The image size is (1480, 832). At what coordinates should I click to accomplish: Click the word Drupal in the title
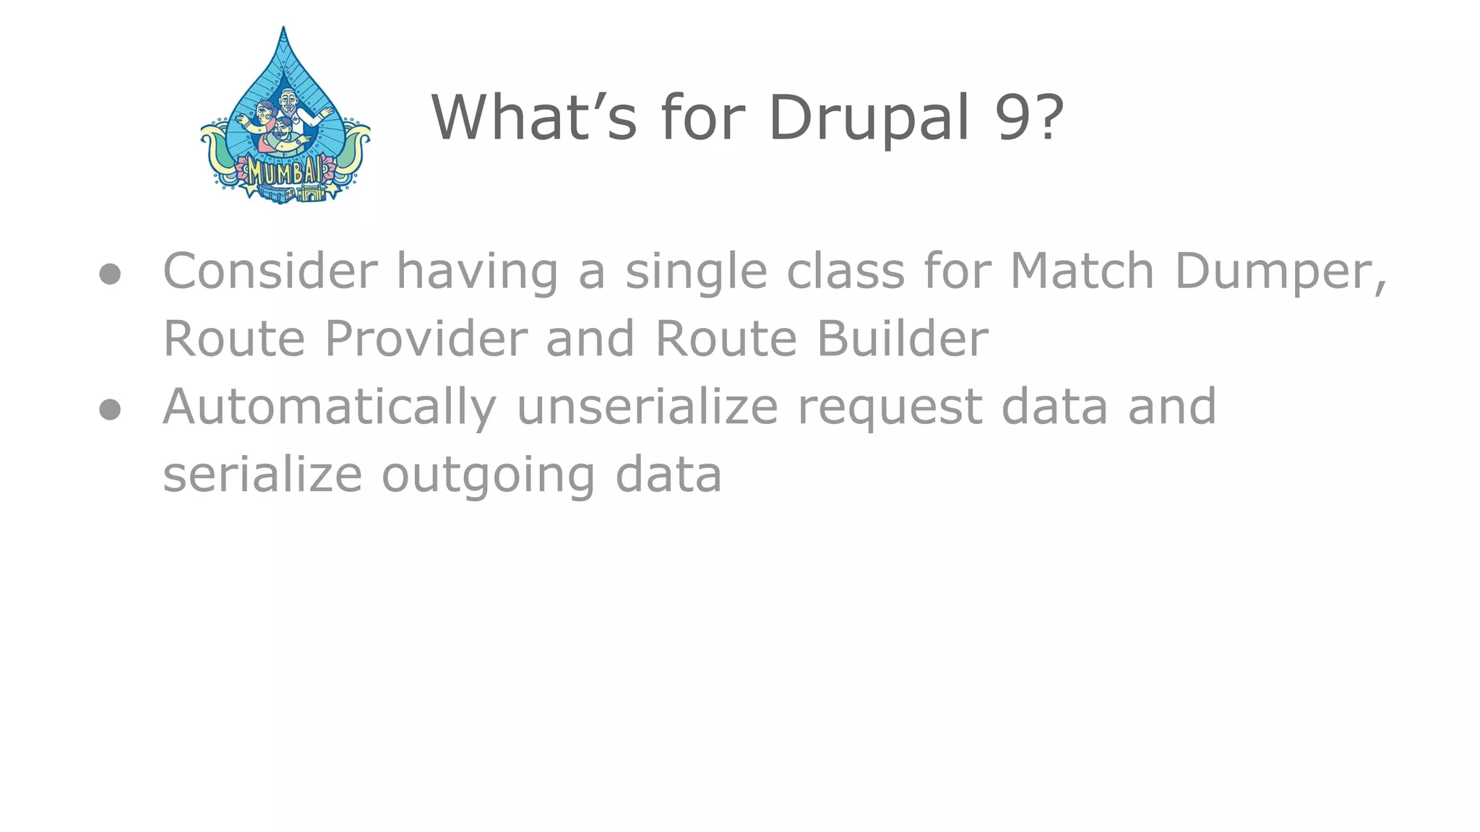point(867,117)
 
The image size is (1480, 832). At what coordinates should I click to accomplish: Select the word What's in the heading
point(533,117)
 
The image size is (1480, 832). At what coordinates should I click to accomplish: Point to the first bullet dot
point(110,274)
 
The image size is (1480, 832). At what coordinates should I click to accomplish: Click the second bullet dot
point(110,409)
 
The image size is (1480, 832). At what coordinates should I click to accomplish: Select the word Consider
point(270,271)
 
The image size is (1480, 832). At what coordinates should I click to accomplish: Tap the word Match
point(1082,271)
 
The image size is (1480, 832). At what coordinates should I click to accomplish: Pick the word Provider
point(426,338)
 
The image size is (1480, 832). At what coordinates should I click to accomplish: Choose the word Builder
point(903,338)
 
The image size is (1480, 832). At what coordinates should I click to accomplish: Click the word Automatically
point(330,407)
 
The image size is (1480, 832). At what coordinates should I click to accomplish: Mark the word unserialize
point(647,406)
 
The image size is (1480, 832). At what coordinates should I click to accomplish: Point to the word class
point(846,271)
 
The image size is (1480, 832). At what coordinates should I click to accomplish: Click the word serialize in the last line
point(262,475)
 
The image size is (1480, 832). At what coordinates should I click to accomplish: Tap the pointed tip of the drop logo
point(283,29)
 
